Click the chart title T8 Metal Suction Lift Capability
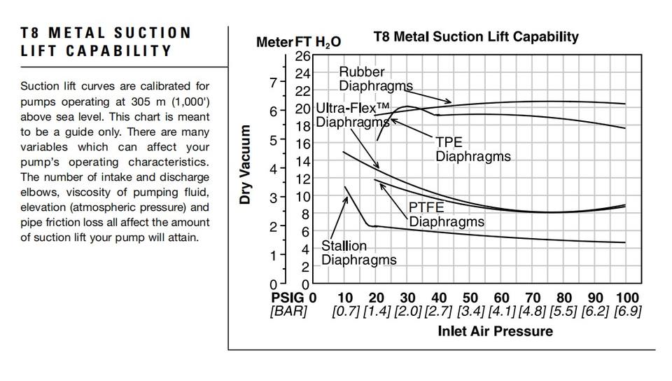coord(476,36)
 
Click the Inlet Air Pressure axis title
coord(495,331)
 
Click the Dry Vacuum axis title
coord(245,165)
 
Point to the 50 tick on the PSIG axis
coord(470,298)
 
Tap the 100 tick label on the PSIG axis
coord(627,298)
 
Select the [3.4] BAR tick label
coord(470,312)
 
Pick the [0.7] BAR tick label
coord(345,312)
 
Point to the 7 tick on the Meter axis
coord(273,82)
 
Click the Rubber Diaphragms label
coord(375,78)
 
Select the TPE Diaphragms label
coord(472,149)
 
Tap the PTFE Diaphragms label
coord(446,214)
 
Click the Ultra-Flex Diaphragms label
coord(352,115)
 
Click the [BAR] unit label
coord(288,312)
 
